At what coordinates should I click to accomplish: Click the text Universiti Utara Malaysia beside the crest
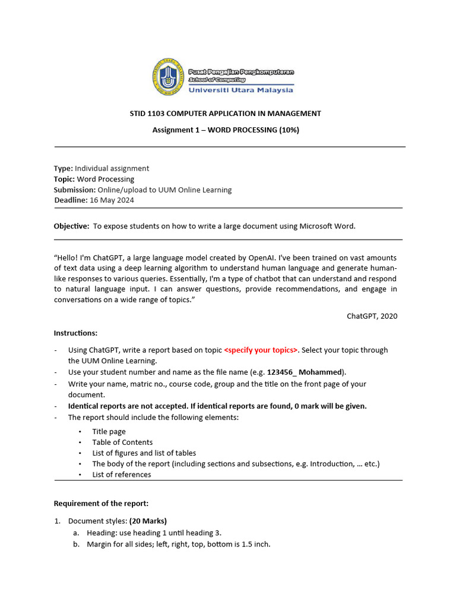coord(240,90)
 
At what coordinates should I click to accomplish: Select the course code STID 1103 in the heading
coord(147,113)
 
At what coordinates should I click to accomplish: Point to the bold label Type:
coord(64,168)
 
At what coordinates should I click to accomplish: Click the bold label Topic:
coord(64,179)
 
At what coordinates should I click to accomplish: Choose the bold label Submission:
coord(75,190)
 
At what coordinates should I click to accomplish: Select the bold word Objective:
coord(71,226)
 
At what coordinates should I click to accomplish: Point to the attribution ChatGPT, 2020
coord(372,316)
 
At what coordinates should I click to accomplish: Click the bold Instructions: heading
coord(76,332)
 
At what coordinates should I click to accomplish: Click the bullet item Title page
coord(109,432)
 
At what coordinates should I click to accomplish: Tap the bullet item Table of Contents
coord(122,442)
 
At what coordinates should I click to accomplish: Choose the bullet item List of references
coord(121,475)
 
